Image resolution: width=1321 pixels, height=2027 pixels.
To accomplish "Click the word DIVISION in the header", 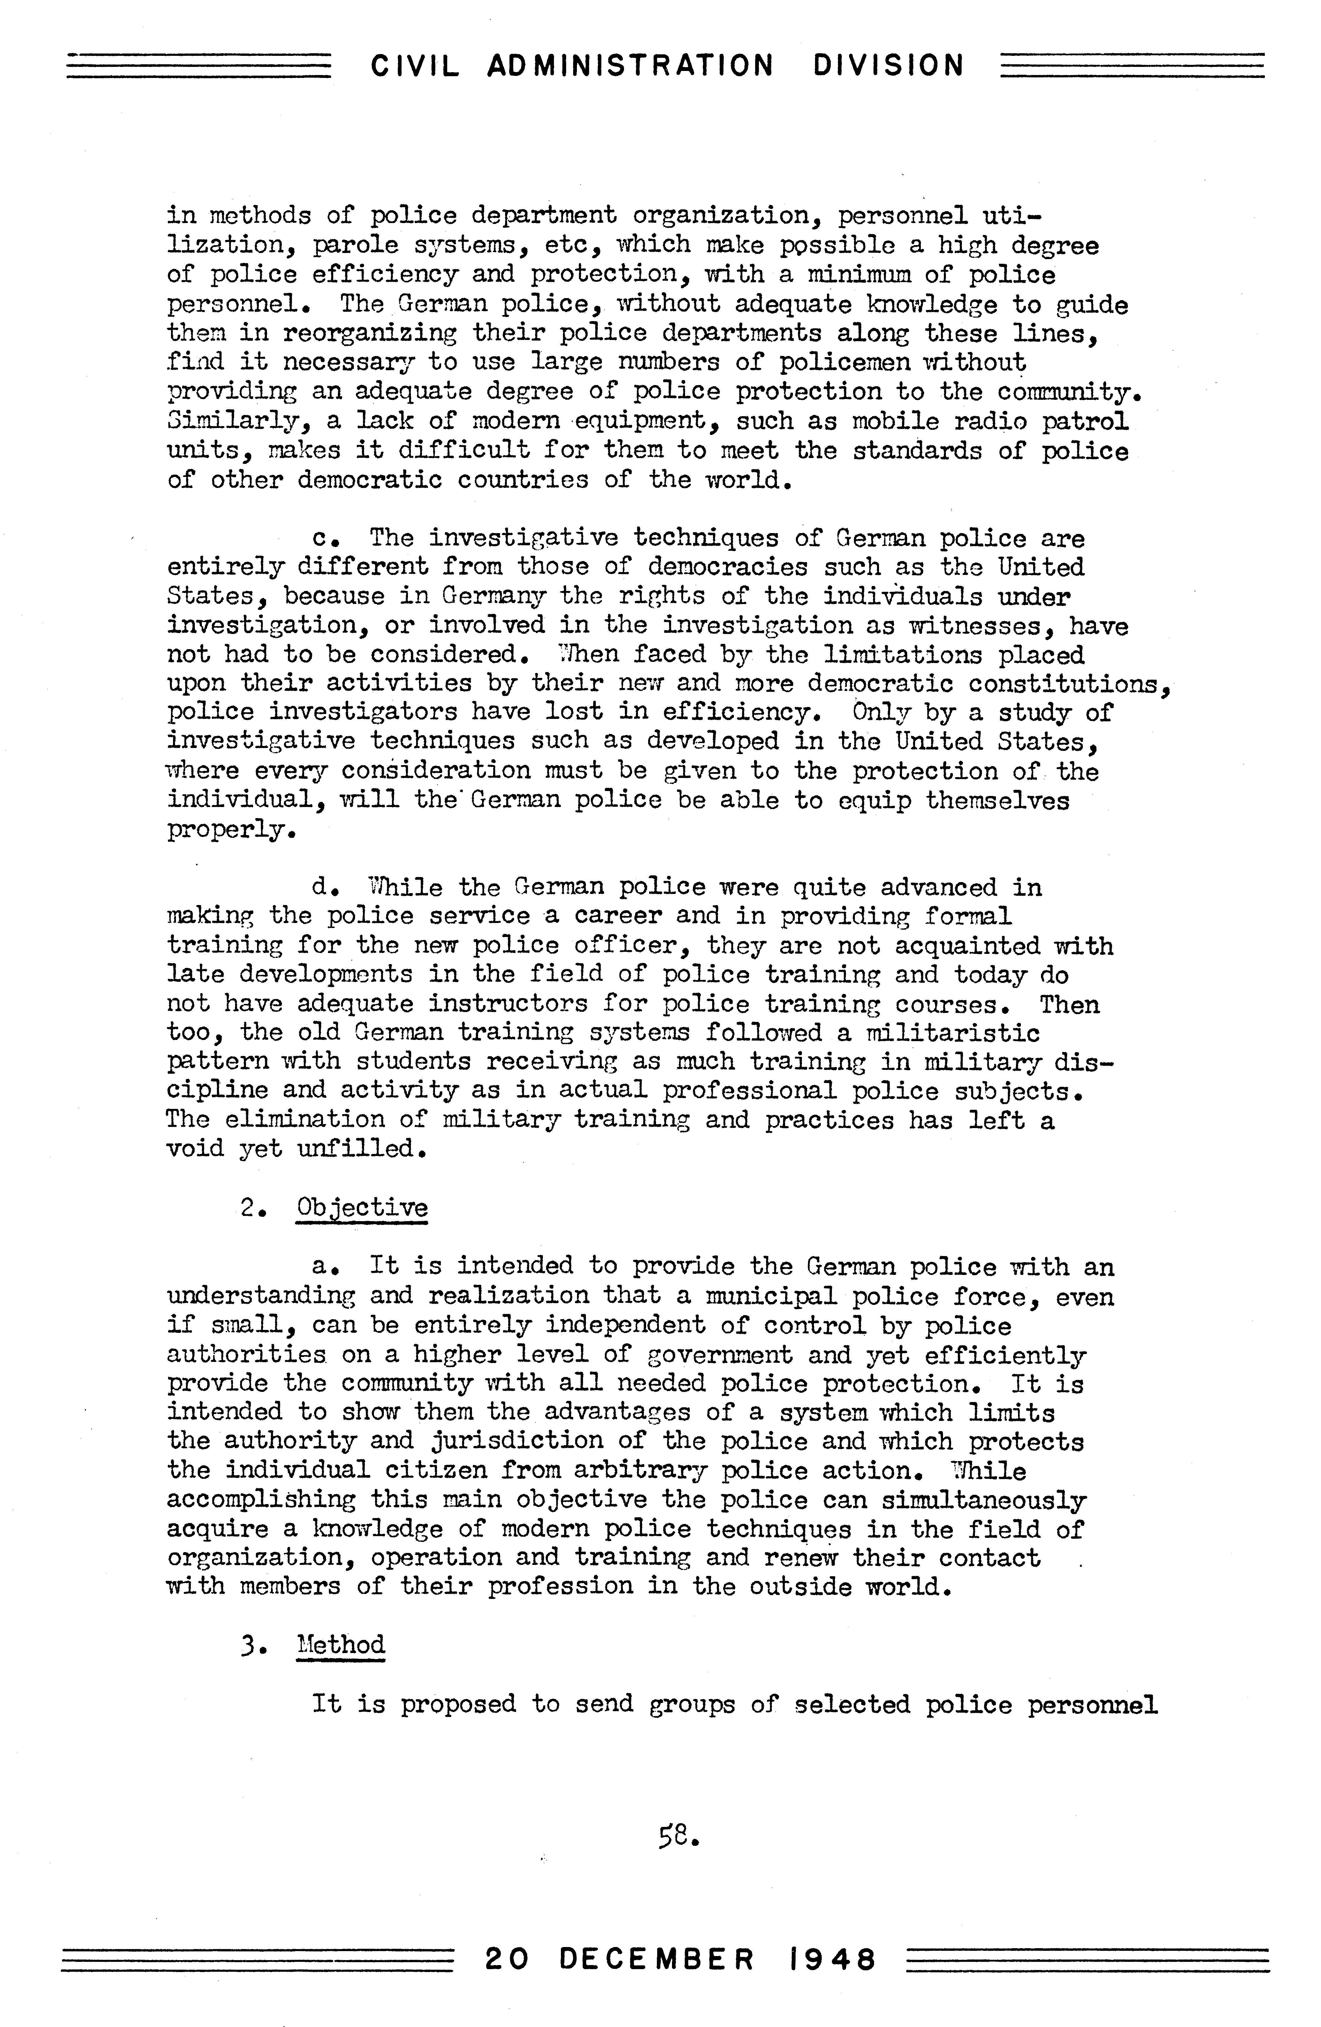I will point(888,66).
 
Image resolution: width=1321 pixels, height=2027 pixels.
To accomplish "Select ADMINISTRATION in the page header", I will point(630,66).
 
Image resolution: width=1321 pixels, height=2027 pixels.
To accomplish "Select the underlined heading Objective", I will point(362,1208).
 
